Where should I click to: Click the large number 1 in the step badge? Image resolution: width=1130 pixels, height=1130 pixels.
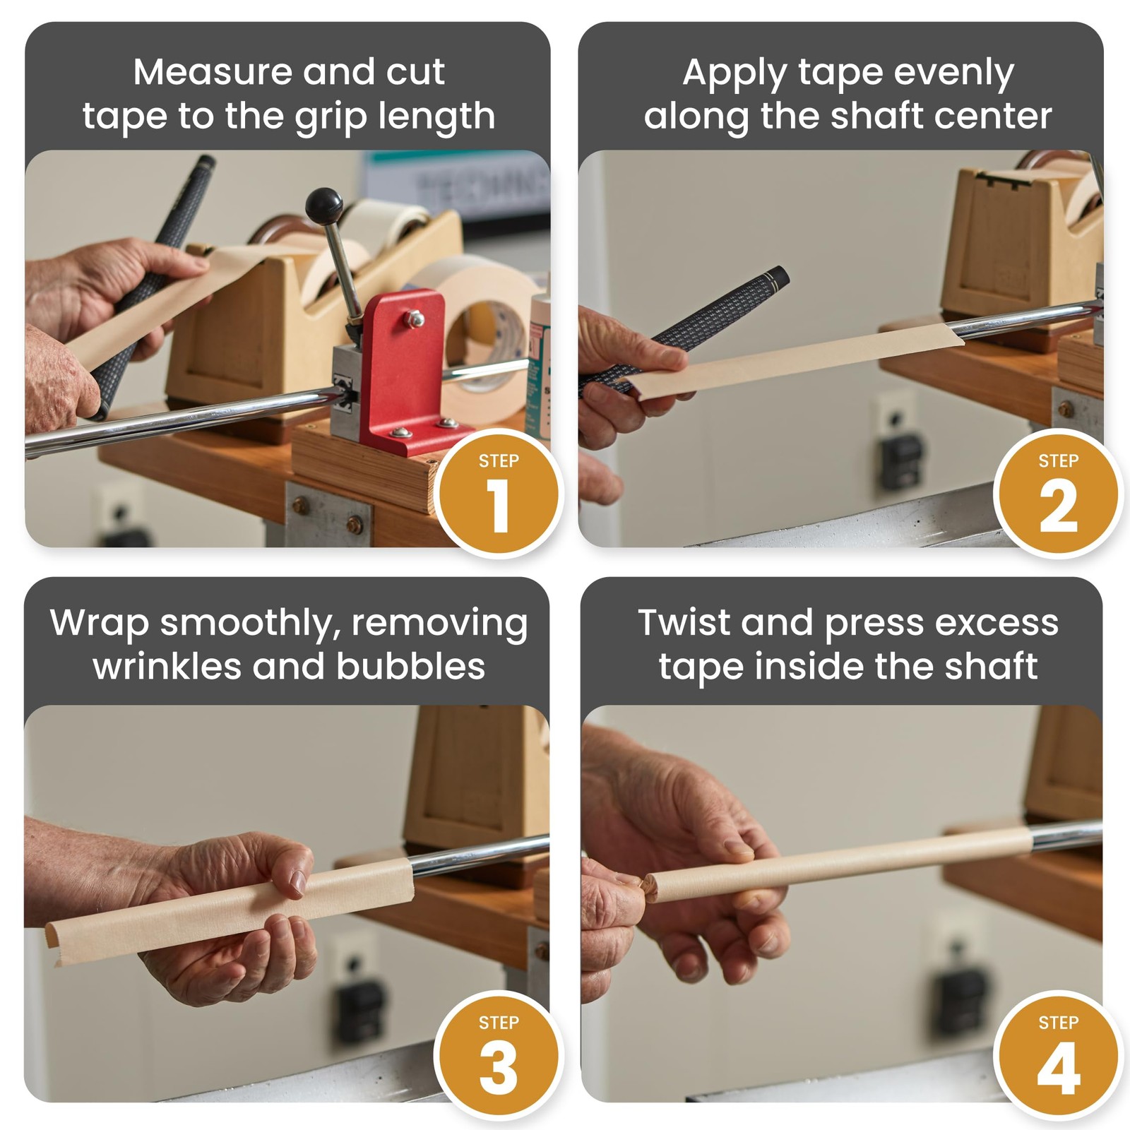point(499,506)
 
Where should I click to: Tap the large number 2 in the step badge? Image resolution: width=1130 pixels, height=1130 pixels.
point(1058,506)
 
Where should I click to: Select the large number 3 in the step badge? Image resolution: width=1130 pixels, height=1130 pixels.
point(499,1067)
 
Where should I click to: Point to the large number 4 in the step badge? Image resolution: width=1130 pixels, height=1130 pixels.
point(1059,1067)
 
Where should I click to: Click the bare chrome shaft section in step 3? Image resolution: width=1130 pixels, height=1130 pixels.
point(480,855)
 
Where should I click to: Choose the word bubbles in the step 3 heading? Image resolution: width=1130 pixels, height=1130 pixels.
point(411,666)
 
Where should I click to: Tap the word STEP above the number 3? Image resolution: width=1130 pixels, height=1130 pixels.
point(499,1023)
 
